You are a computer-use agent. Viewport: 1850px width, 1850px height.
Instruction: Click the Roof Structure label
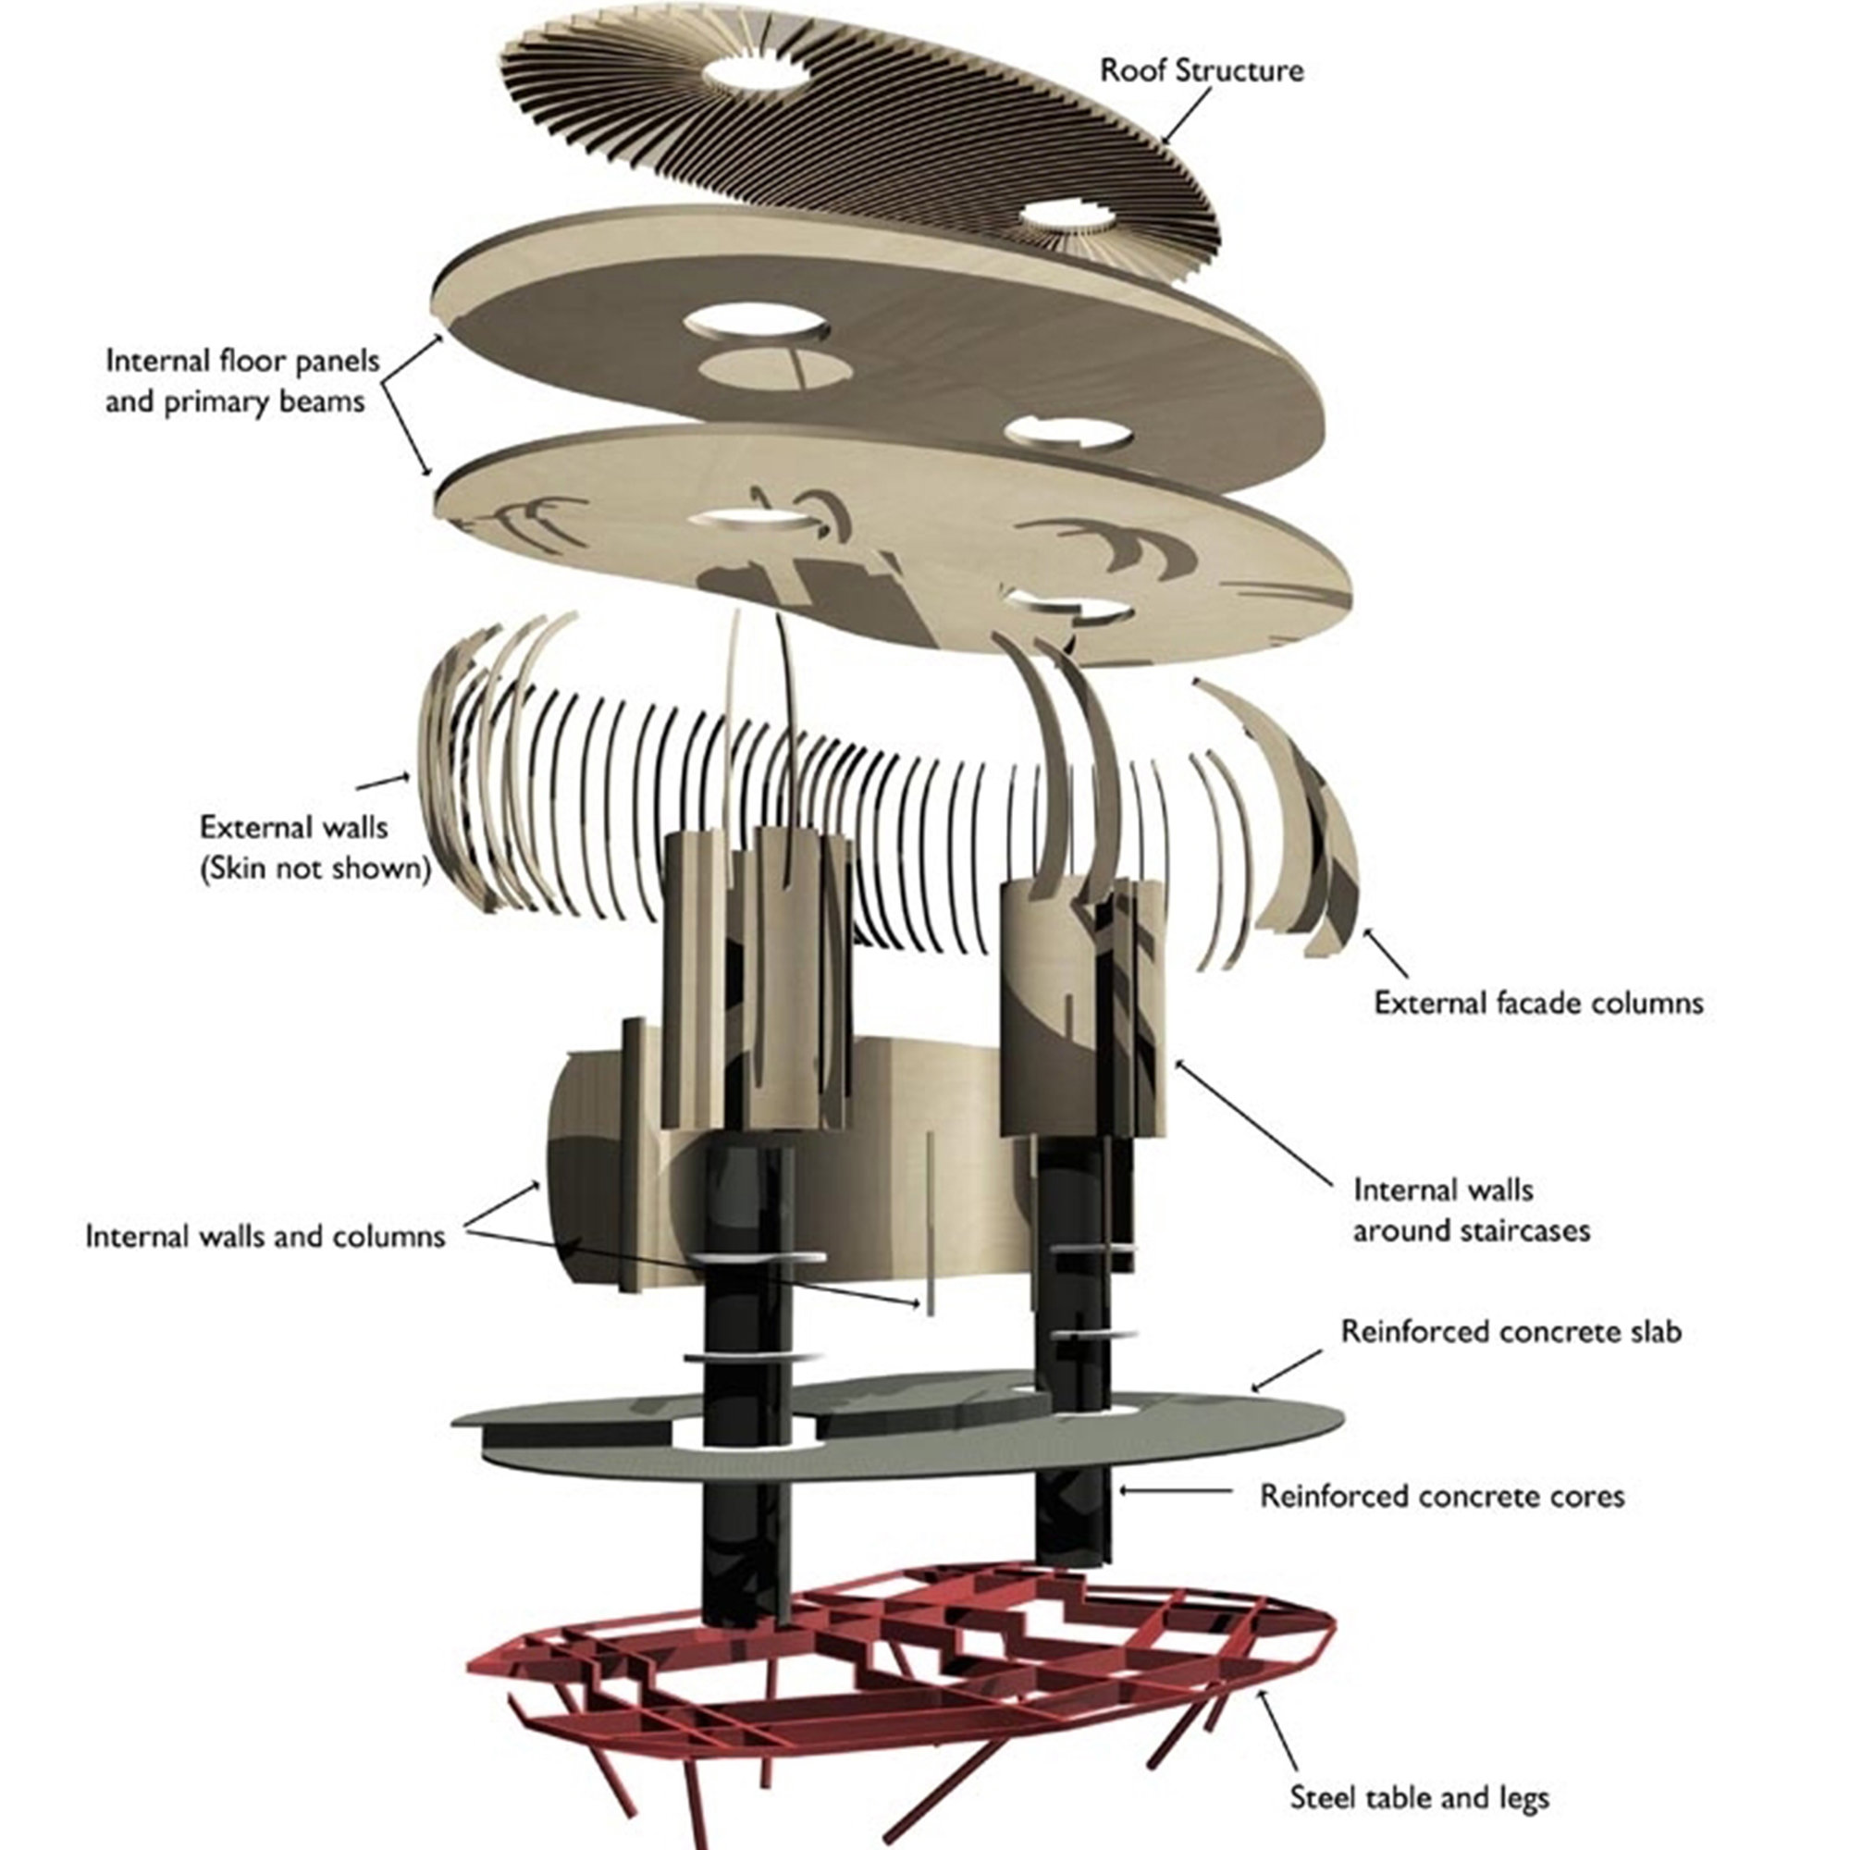tap(1201, 71)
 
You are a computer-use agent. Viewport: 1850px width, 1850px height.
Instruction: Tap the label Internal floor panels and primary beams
tap(242, 381)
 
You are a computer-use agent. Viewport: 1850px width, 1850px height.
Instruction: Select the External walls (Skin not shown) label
tap(315, 847)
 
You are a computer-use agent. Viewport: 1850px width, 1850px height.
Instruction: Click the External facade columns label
tap(1539, 1003)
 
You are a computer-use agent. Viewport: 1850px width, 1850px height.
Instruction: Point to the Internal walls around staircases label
tap(1471, 1210)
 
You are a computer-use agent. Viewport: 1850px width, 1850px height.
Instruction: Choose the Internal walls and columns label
tap(265, 1236)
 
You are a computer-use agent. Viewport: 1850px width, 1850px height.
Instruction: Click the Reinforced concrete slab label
tap(1511, 1332)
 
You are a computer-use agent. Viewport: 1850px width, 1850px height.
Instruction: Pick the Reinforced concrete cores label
tap(1442, 1497)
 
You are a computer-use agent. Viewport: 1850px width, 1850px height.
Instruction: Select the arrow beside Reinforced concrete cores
tap(1176, 1490)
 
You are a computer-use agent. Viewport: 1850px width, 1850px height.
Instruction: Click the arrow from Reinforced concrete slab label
tap(1286, 1370)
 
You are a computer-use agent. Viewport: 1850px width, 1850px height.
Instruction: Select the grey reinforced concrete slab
tap(895, 1425)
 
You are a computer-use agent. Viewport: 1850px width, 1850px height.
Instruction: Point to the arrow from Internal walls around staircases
tap(1253, 1120)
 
